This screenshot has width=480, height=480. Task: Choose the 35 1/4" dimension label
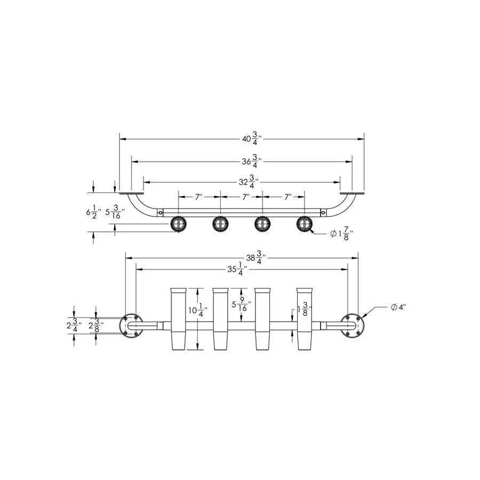[x=237, y=269]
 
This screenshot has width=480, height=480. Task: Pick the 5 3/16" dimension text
[x=115, y=212]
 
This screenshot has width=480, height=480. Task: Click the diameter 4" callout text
[x=398, y=307]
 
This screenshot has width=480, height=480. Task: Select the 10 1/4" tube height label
[x=198, y=310]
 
